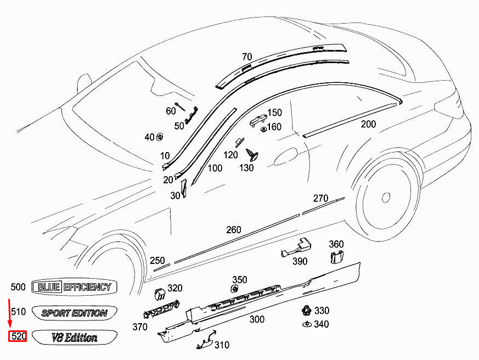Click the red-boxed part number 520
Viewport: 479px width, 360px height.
coord(18,336)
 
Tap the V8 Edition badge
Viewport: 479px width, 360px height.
coord(75,337)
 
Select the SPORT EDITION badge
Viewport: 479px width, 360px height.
coord(75,313)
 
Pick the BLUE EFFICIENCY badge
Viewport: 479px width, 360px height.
coord(74,287)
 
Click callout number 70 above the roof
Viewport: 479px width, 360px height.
coord(247,57)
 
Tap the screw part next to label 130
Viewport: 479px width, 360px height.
coord(252,155)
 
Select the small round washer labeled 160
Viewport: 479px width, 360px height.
coord(263,130)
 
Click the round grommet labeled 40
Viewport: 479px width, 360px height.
coord(160,137)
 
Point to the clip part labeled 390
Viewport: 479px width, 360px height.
coord(297,248)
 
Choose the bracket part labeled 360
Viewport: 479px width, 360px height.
coord(337,256)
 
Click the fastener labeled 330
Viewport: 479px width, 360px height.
coord(306,311)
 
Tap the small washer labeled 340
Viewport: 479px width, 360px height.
coord(307,324)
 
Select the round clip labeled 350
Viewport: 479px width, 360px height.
coord(235,289)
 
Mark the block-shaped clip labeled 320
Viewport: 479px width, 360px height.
coord(160,294)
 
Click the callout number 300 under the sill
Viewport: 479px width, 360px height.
coord(257,319)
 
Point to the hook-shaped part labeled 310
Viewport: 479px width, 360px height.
coord(206,339)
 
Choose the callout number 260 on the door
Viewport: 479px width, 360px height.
coord(234,230)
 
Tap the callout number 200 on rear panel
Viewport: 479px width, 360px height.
coord(368,124)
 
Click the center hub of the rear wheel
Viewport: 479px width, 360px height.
coord(386,197)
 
